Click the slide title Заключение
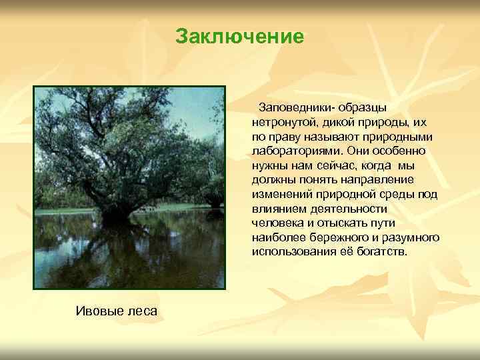(x=239, y=36)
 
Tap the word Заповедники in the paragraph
(x=297, y=107)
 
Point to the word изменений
(x=281, y=195)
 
